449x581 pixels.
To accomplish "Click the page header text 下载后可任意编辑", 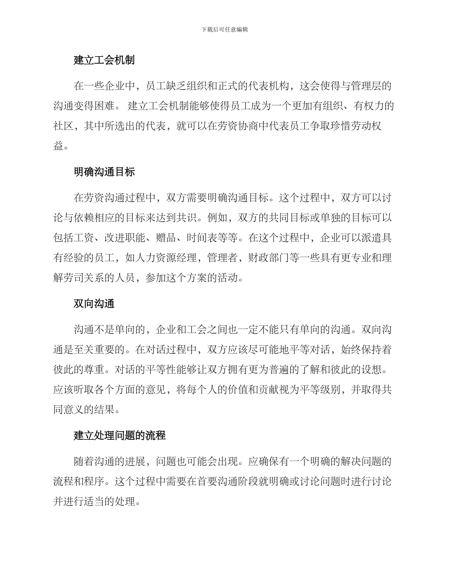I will click(x=224, y=29).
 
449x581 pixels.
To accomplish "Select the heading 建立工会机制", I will click(x=104, y=60).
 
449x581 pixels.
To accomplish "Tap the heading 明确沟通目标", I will click(x=104, y=172).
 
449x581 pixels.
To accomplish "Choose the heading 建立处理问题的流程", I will click(x=120, y=436).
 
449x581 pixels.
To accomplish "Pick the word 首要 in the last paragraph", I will click(x=201, y=482).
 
